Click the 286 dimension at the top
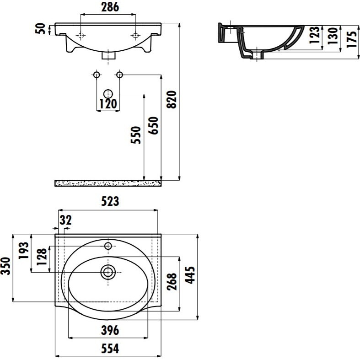[x=110, y=7]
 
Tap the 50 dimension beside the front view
[x=40, y=29]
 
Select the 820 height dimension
[x=172, y=99]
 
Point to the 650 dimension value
[x=153, y=125]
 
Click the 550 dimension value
[x=136, y=135]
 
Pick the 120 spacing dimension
[x=108, y=104]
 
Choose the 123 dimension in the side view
[x=314, y=35]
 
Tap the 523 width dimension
[x=110, y=201]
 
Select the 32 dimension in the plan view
[x=66, y=220]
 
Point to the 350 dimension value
[x=5, y=266]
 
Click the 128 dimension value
[x=42, y=257]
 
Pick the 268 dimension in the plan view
[x=172, y=281]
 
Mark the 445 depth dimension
[x=190, y=275]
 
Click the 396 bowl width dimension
[x=110, y=330]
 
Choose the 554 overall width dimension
[x=110, y=349]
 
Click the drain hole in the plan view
[x=108, y=272]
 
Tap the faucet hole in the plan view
[x=108, y=246]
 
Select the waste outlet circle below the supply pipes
[x=108, y=94]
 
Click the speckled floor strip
[x=108, y=183]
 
